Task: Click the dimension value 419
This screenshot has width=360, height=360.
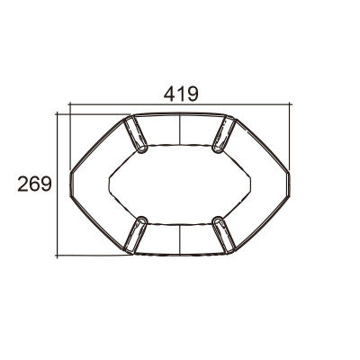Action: tap(181, 94)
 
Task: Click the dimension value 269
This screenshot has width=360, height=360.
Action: tap(35, 184)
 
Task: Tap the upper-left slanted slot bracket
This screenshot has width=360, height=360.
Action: tap(136, 134)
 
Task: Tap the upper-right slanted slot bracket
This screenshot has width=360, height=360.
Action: tap(224, 134)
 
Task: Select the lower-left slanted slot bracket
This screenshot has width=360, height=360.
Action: tap(136, 235)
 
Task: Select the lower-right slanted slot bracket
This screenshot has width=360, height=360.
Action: tap(224, 235)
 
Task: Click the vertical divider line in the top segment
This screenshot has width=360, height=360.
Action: tap(180, 129)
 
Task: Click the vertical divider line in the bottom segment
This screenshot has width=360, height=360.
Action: tap(180, 239)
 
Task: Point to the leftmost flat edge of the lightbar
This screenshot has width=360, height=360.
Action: tap(71, 184)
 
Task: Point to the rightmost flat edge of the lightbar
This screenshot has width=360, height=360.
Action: tap(289, 184)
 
